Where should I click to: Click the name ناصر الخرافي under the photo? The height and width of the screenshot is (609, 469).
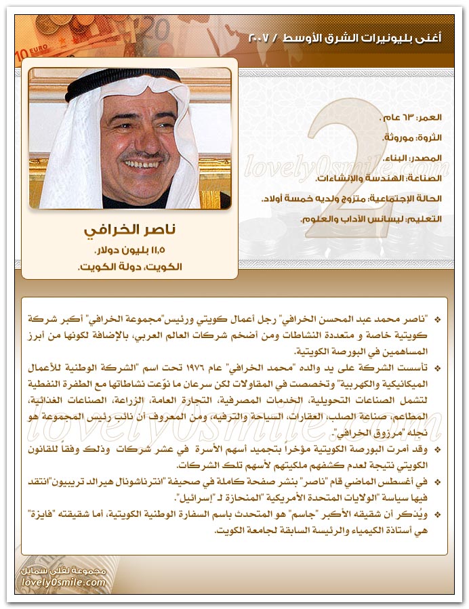[x=129, y=230]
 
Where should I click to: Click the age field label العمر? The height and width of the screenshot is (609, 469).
[x=428, y=117]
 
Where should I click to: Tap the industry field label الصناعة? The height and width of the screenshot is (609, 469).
[x=423, y=178]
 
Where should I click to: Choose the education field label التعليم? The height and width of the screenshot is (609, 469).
[x=426, y=219]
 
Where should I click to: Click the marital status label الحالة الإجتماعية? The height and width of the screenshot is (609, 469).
[x=404, y=199]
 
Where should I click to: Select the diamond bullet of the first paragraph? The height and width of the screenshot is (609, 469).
[x=437, y=318]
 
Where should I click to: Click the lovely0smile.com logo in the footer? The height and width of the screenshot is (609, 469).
[x=64, y=583]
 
